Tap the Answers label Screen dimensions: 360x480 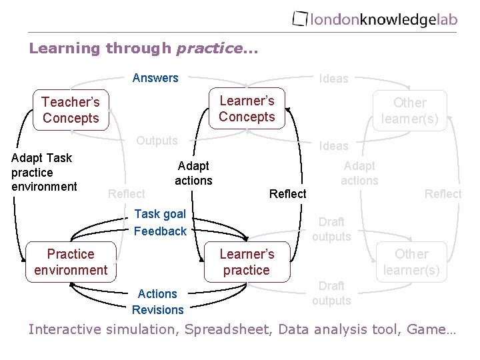point(155,78)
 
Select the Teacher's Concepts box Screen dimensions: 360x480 point(71,110)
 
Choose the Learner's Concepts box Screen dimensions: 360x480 point(247,109)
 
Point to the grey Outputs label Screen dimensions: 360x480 point(157,141)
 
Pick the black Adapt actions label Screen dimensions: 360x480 point(193,173)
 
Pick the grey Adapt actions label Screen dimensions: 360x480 point(359,173)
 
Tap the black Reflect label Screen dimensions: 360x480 point(287,194)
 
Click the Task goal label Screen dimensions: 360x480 point(160,214)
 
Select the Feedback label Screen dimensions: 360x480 point(160,231)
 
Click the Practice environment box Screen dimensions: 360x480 point(71,262)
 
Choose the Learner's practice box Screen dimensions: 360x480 point(247,262)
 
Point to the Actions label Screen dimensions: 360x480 point(157,294)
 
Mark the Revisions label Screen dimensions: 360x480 point(157,310)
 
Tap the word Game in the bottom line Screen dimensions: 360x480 point(430,329)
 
